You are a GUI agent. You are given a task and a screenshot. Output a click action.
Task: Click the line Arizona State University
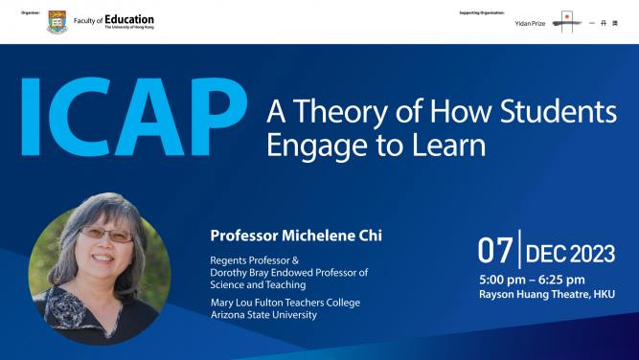coord(270,316)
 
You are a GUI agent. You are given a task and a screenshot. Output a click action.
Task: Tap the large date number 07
coord(495,253)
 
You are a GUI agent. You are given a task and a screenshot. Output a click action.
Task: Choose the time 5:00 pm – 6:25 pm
coord(531,281)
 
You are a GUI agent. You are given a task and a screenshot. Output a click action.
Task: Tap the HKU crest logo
coord(57,21)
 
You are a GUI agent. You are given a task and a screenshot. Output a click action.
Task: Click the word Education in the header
coord(129,19)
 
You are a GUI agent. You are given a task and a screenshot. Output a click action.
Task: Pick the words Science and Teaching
coord(255,285)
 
